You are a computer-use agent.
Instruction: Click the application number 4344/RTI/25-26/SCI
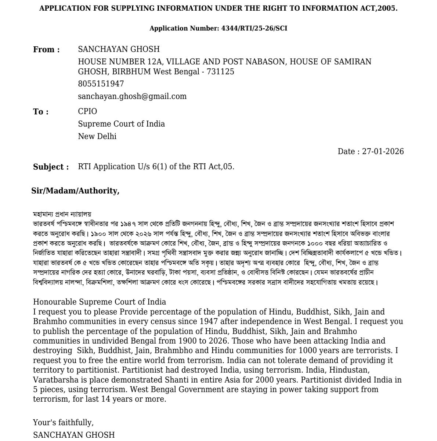[x=254, y=28]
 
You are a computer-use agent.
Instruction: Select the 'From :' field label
[x=46, y=50]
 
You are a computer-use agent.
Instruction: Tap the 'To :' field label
[x=41, y=112]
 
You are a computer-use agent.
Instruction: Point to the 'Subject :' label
[x=51, y=167]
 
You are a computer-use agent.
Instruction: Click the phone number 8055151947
[x=101, y=84]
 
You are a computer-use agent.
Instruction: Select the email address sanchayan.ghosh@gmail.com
[x=132, y=96]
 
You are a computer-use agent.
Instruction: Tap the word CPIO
[x=87, y=111]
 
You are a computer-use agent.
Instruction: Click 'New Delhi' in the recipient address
[x=97, y=136]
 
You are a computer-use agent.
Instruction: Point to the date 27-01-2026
[x=383, y=152]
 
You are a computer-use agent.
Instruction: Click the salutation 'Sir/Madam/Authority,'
[x=75, y=191]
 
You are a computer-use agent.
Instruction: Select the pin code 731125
[x=220, y=72]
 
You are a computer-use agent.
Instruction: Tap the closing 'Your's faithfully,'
[x=63, y=423]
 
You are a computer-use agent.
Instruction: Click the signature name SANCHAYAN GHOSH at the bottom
[x=74, y=435]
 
